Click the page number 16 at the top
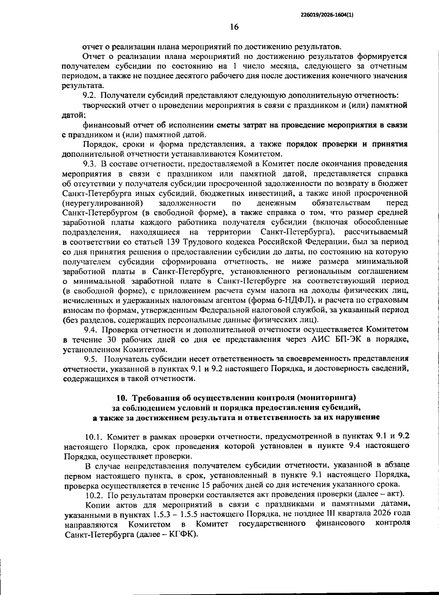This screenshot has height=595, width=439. (x=234, y=27)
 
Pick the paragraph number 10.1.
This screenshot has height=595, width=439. (x=93, y=437)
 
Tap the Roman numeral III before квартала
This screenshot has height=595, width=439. (x=326, y=515)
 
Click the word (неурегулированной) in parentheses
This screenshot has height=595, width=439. (x=103, y=203)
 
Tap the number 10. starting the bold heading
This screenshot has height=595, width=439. (x=122, y=398)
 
